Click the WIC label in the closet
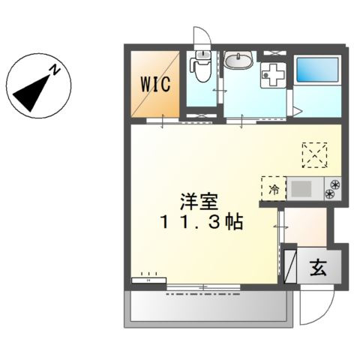pyautogui.click(x=156, y=82)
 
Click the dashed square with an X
pyautogui.click(x=316, y=154)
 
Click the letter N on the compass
pyautogui.click(x=55, y=70)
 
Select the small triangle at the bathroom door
pyautogui.click(x=297, y=111)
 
